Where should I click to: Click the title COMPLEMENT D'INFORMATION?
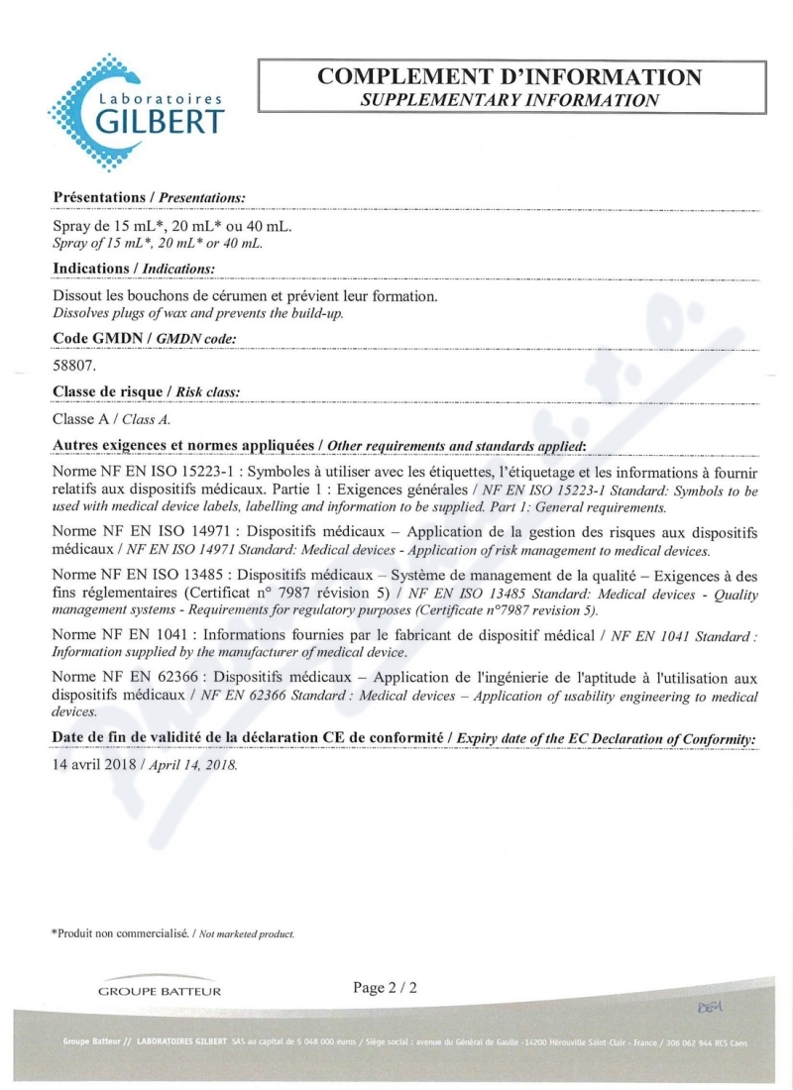pyautogui.click(x=510, y=77)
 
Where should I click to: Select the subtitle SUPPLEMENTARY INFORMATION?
pyautogui.click(x=510, y=100)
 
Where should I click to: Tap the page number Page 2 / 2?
pyautogui.click(x=386, y=987)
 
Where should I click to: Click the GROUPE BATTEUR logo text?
pyautogui.click(x=160, y=991)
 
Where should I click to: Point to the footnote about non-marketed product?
pyautogui.click(x=172, y=933)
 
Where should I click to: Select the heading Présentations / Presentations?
pyautogui.click(x=148, y=198)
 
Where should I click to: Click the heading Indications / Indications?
pyautogui.click(x=133, y=269)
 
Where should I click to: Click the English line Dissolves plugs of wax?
pyautogui.click(x=198, y=314)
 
